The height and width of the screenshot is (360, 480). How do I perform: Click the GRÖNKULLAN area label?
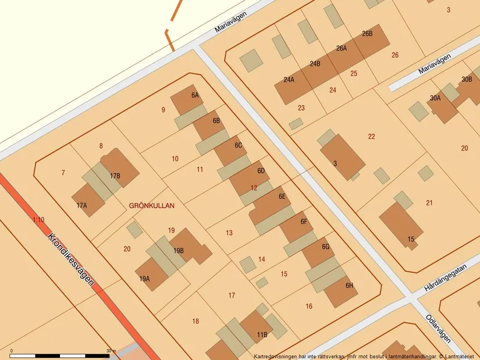click(x=151, y=205)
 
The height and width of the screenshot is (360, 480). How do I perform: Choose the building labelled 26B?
click(x=371, y=38)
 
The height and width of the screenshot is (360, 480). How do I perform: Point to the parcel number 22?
click(x=372, y=137)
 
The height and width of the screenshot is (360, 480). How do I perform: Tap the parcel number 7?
click(x=63, y=172)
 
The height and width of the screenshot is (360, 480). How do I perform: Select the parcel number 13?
click(x=229, y=233)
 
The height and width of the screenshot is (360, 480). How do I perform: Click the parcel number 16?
click(x=309, y=306)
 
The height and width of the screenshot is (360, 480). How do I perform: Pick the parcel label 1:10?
click(x=38, y=220)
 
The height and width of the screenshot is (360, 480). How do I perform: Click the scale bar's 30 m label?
click(x=111, y=351)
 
